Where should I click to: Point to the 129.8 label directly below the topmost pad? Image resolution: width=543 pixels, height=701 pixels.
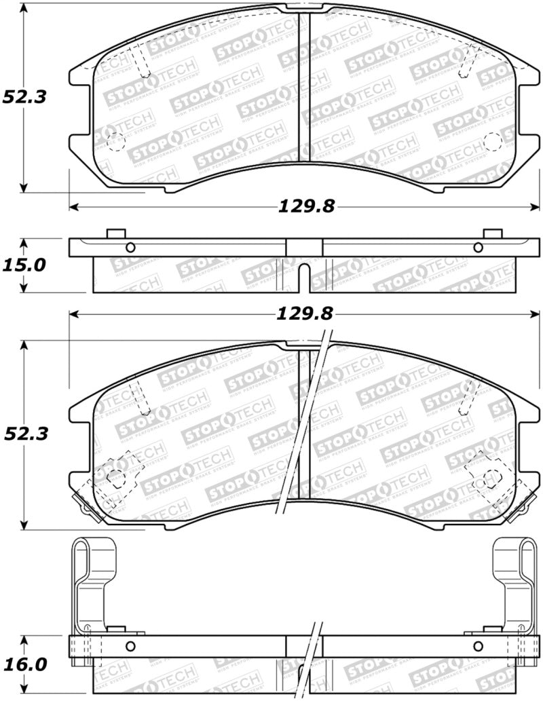pos(305,206)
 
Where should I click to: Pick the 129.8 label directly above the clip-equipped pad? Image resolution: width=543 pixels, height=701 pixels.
pos(305,314)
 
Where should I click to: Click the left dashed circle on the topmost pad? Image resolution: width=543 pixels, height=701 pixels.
pos(117,142)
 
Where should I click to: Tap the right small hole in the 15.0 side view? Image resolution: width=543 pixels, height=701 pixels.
pos(478,247)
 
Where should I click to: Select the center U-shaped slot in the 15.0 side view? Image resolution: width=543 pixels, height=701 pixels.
pos(305,274)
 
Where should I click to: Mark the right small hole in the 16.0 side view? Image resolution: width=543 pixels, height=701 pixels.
pos(478,645)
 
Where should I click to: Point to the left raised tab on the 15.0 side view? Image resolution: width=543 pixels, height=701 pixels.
pos(116,233)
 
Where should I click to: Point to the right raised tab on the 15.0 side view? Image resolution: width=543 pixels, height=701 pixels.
pos(492,233)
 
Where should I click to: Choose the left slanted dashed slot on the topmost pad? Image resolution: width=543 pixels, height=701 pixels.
pos(141,64)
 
